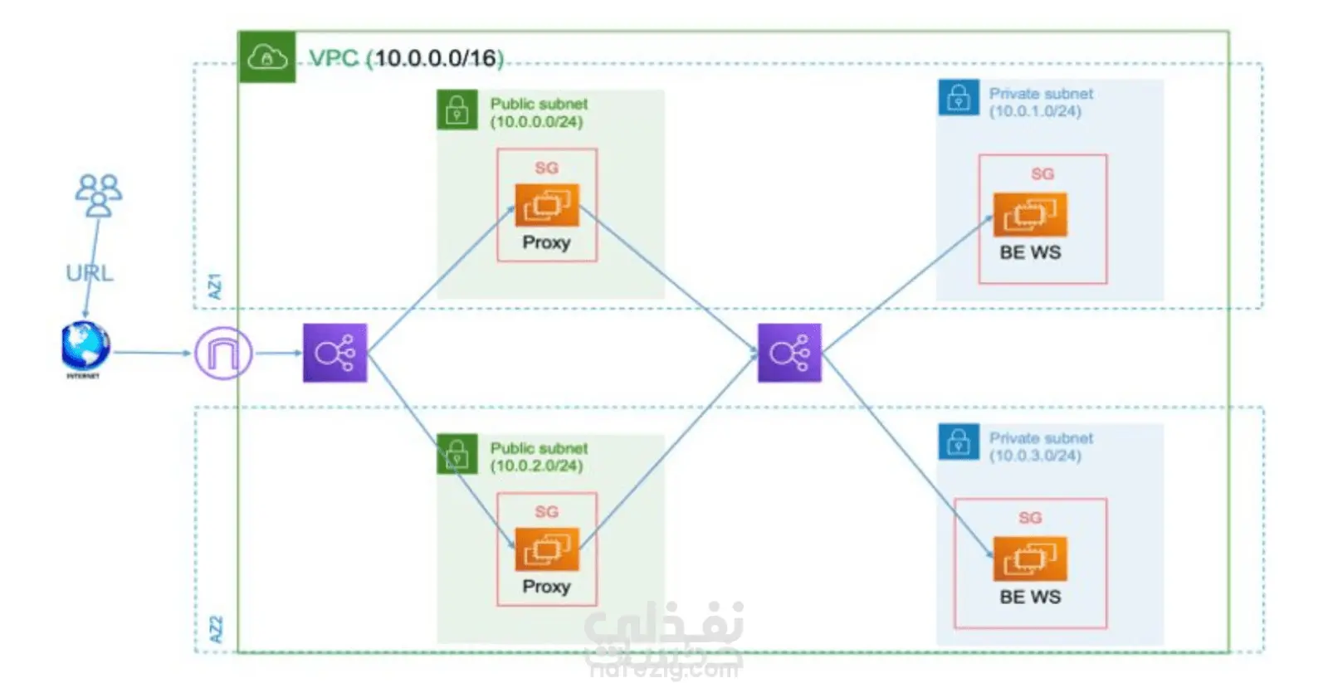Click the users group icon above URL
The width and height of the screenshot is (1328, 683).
pos(99,194)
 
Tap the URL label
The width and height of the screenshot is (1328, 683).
pos(90,273)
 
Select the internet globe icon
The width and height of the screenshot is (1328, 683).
pos(85,346)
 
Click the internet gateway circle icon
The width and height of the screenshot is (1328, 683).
pos(222,354)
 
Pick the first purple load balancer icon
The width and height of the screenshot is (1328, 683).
pos(334,353)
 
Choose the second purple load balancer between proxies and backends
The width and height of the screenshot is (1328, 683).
pos(789,353)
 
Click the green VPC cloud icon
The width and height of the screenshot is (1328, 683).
pos(267,57)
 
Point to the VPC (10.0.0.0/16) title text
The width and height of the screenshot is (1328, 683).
pos(406,58)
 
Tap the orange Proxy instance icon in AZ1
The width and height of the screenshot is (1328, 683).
pos(546,204)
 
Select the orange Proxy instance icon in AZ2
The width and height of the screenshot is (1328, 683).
pos(546,549)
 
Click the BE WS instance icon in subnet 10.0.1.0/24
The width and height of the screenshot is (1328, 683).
pos(1030,214)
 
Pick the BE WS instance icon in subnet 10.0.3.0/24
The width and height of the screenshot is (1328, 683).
pos(1030,559)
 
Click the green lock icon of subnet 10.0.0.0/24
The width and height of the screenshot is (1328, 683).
pos(456,110)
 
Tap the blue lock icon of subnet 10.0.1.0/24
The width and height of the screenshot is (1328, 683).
pos(959,99)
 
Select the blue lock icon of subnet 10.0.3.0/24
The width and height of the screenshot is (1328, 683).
pos(959,442)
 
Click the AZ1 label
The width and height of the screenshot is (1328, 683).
pos(215,286)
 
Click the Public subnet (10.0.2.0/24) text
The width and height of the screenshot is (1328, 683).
pos(538,456)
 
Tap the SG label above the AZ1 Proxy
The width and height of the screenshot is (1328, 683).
pos(546,168)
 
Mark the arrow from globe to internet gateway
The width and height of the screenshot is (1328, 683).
pos(152,353)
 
